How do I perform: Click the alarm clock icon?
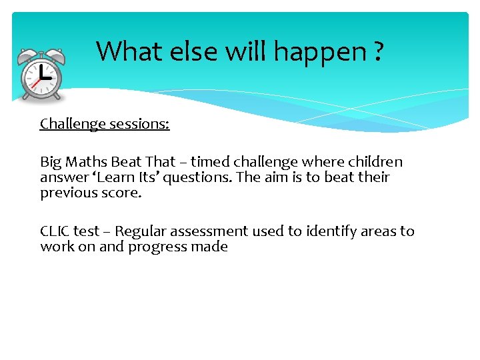(41, 75)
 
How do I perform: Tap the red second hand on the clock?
(35, 83)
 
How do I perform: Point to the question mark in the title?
(378, 51)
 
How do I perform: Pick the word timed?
(211, 162)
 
